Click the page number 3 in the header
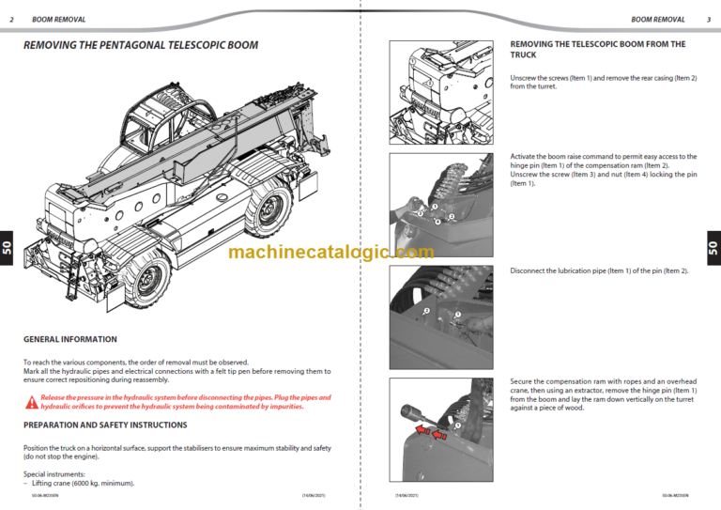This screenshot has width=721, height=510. pyautogui.click(x=708, y=19)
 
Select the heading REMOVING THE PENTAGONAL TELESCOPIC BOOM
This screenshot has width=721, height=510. pyautogui.click(x=141, y=45)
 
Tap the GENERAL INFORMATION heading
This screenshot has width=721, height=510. pyautogui.click(x=70, y=339)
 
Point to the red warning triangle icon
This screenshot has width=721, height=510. pyautogui.click(x=32, y=402)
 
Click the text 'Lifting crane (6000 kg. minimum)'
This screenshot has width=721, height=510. pyautogui.click(x=81, y=483)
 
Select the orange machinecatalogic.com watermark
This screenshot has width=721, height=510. pyautogui.click(x=330, y=252)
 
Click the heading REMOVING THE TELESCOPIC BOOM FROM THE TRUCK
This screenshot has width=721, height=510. pyautogui.click(x=597, y=49)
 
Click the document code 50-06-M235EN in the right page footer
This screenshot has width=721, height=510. pyautogui.click(x=675, y=494)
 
